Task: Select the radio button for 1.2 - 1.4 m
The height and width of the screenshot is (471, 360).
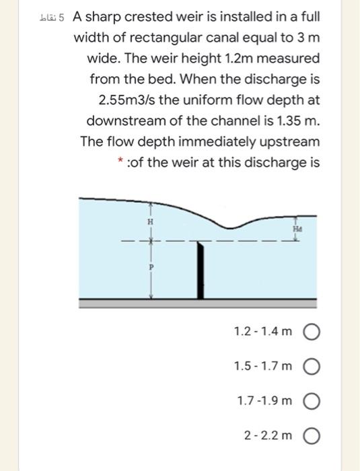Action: click(x=312, y=332)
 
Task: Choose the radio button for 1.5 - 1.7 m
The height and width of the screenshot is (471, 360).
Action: click(x=312, y=366)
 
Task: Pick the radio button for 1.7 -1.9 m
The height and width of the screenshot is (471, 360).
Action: click(x=312, y=401)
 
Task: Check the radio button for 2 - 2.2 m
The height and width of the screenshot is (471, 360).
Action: click(x=312, y=435)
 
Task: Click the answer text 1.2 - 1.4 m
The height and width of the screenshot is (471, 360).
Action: click(x=263, y=332)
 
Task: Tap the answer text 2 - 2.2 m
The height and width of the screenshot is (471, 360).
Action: click(x=267, y=435)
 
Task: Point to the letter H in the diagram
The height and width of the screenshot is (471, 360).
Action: click(x=151, y=222)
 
